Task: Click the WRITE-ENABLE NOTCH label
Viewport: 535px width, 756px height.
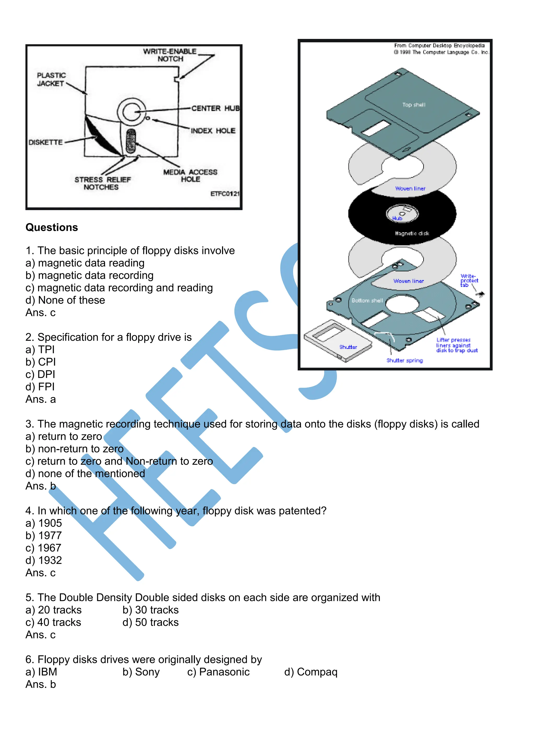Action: click(x=170, y=55)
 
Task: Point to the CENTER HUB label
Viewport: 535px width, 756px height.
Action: click(x=216, y=108)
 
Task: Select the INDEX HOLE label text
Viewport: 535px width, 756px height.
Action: click(x=213, y=131)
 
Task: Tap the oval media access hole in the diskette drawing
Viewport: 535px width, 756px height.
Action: click(x=131, y=141)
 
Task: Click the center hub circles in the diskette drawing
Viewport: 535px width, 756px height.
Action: click(x=132, y=112)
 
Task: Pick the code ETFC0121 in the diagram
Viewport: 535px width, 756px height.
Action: click(x=225, y=194)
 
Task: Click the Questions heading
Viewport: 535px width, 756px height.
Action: click(x=52, y=228)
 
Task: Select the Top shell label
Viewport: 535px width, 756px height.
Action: click(x=414, y=105)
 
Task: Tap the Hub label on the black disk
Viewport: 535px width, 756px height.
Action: click(x=397, y=218)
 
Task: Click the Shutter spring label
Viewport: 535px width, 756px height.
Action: click(x=405, y=360)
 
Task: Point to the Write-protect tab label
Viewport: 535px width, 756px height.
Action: click(x=469, y=281)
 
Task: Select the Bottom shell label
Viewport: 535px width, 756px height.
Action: click(x=367, y=300)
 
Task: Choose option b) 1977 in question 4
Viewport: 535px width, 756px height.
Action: click(x=44, y=535)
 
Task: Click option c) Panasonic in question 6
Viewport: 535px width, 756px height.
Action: click(x=218, y=672)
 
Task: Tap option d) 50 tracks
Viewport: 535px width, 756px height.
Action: click(x=150, y=622)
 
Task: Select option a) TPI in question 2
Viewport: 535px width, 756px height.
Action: click(x=40, y=349)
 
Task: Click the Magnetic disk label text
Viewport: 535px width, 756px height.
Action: click(x=412, y=233)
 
